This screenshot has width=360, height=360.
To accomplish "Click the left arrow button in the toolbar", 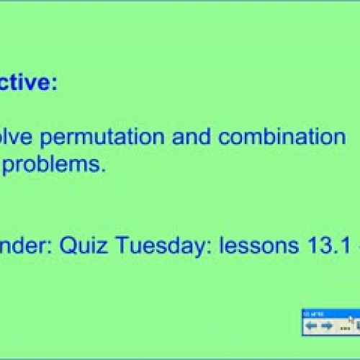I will click(x=311, y=325).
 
